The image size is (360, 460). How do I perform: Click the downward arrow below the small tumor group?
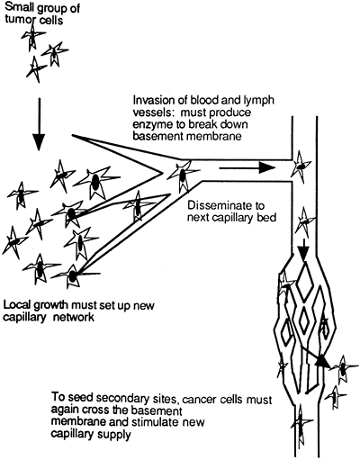pyautogui.click(x=39, y=123)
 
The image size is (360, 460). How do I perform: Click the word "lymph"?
pyautogui.click(x=257, y=101)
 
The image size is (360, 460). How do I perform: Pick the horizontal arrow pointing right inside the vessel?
pyautogui.click(x=247, y=168)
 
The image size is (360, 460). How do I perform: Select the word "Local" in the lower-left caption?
pyautogui.click(x=16, y=305)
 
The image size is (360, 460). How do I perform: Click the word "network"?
pyautogui.click(x=74, y=317)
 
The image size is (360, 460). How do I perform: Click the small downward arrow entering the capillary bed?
pyautogui.click(x=304, y=249)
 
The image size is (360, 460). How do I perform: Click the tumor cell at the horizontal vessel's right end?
pyautogui.click(x=301, y=167)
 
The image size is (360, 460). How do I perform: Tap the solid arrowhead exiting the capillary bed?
pyautogui.click(x=322, y=359)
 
